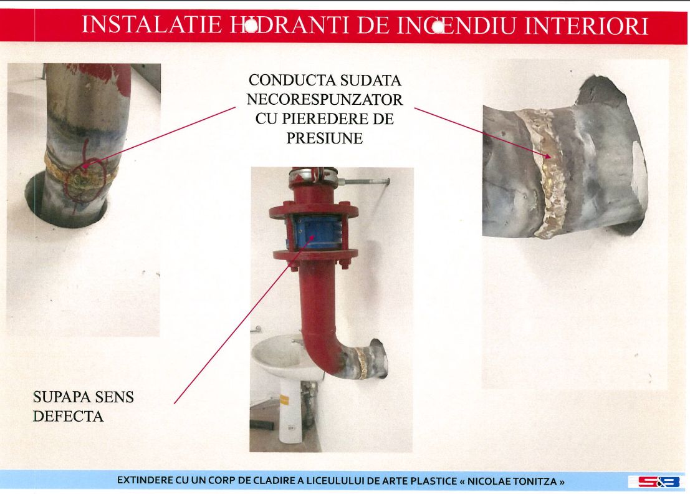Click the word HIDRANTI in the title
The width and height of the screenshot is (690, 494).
click(290, 25)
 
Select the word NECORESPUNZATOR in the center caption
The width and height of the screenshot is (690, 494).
click(325, 100)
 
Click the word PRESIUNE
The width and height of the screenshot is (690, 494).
click(325, 138)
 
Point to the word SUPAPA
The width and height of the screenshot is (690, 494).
click(61, 397)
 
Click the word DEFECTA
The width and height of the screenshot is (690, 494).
click(68, 417)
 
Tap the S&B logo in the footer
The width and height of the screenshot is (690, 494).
click(654, 482)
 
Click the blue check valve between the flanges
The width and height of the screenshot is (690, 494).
click(314, 232)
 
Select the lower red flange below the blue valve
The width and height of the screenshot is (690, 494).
click(314, 255)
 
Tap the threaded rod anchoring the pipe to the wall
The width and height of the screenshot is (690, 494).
click(365, 180)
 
